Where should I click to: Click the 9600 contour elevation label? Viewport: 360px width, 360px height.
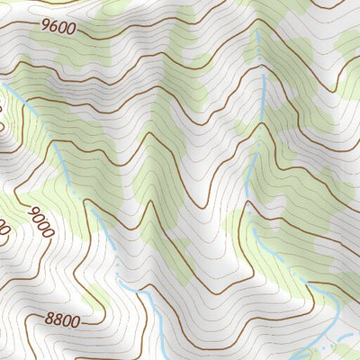coord(57,27)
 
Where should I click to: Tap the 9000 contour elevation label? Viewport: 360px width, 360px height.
coord(40,221)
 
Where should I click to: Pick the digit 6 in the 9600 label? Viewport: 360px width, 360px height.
coord(53,26)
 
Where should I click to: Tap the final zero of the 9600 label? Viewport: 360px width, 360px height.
coord(69,30)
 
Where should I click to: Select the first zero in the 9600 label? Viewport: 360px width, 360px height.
coord(61,28)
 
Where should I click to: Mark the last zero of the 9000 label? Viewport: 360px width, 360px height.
coord(49,232)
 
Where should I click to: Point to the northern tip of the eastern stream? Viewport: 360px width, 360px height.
coord(258,31)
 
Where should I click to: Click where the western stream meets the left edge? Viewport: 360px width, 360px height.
coord(3,82)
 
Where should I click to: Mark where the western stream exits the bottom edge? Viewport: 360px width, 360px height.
coord(160,357)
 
